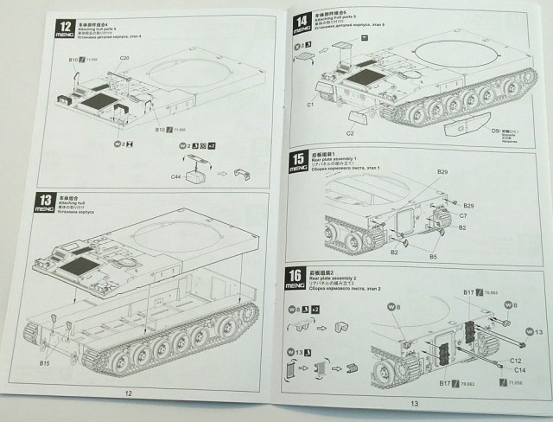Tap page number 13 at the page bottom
click(414, 402)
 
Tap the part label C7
click(463, 215)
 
